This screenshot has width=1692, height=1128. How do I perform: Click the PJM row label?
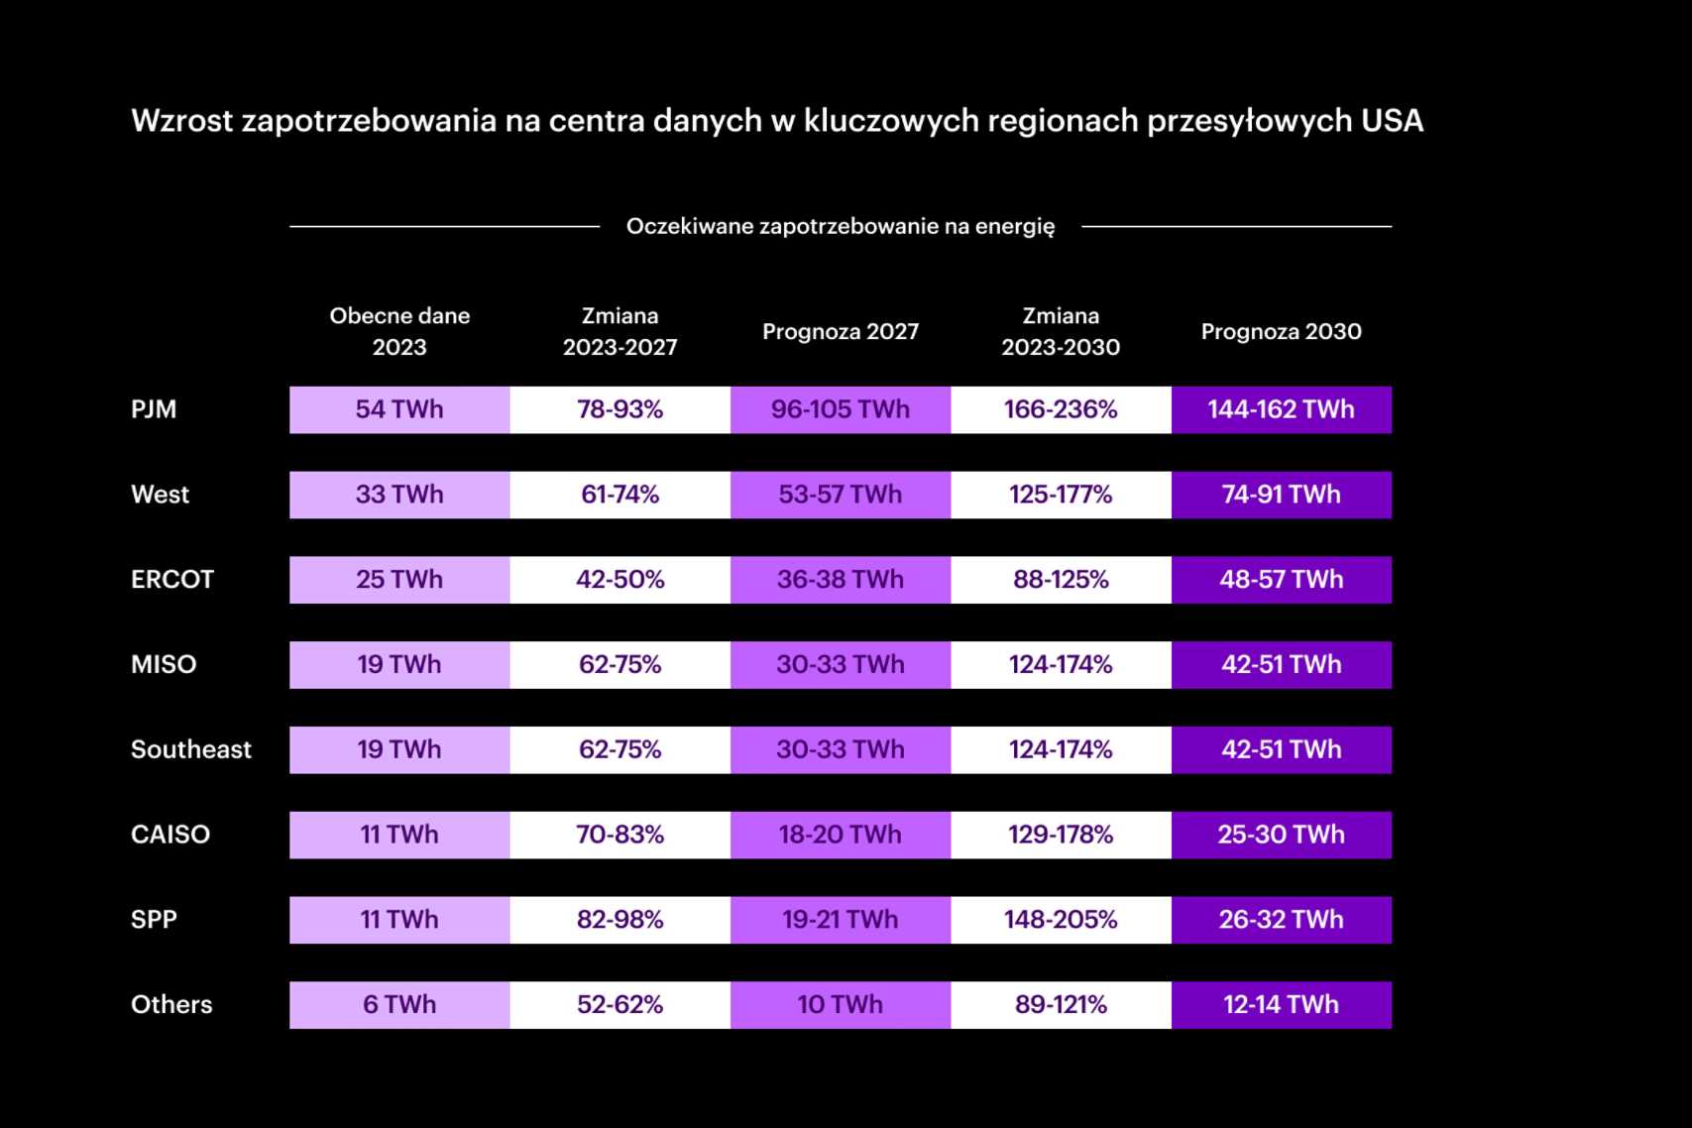coord(154,409)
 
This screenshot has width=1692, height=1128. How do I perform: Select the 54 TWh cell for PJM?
coord(399,409)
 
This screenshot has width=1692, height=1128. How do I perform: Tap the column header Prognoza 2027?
coord(840,331)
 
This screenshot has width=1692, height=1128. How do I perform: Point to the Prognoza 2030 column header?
coord(1281,331)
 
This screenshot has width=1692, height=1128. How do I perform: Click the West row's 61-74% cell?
coord(620,495)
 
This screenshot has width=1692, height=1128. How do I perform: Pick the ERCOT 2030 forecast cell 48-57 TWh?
coord(1281,580)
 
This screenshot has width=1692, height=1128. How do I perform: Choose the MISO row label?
coord(164,664)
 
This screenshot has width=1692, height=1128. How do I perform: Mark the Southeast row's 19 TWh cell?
coord(399,749)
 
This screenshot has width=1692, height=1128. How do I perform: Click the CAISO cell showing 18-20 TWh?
coord(840,835)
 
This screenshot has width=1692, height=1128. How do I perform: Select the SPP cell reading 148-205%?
coord(1061,920)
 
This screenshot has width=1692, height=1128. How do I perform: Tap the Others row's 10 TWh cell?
coord(840,1005)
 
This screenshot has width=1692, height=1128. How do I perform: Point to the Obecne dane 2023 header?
coord(399,331)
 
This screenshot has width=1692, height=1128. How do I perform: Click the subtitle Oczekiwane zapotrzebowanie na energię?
coord(840,226)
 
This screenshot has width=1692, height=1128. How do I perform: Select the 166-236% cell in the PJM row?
coord(1061,409)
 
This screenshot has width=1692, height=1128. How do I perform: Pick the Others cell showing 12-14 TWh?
coord(1281,1005)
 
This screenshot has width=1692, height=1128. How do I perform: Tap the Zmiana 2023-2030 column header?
coord(1061,331)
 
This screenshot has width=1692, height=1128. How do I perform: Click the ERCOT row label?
coord(172,580)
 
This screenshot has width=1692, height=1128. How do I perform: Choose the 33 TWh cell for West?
coord(399,495)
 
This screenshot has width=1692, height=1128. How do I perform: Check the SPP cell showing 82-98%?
coord(620,920)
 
